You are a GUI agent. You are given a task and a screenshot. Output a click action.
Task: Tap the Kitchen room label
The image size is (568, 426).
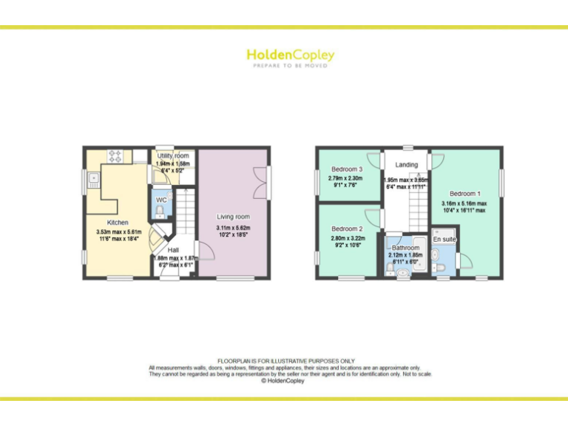[118, 223]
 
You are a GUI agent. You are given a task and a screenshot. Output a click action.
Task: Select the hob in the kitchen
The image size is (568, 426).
[116, 156]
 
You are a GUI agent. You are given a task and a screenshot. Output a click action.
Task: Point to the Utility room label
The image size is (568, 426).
[173, 156]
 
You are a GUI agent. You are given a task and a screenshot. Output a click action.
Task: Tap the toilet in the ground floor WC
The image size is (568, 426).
[160, 212]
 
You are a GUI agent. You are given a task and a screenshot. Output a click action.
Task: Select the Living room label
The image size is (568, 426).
[233, 217]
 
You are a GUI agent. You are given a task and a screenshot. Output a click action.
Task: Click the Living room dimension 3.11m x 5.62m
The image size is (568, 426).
[233, 227]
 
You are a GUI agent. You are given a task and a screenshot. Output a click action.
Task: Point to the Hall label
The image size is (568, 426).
[172, 250]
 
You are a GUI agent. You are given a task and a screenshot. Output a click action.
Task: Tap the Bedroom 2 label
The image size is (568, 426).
[347, 229]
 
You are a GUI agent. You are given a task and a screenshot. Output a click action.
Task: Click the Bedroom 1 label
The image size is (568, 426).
[464, 195]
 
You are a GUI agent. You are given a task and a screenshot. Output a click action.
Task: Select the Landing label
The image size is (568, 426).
[407, 164]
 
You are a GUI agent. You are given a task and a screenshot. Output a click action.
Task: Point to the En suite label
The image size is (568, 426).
[444, 240]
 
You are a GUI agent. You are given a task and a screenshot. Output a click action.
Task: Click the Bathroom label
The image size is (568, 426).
[405, 248]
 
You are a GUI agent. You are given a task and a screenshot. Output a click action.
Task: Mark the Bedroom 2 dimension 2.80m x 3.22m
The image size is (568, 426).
[347, 238]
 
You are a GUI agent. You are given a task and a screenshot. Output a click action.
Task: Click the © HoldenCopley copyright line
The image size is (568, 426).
[283, 381]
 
